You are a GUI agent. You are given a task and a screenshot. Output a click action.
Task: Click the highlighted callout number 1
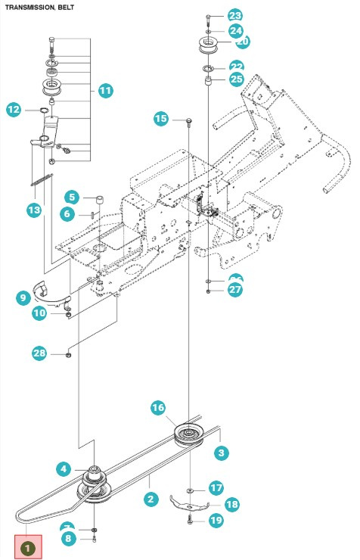[28, 544]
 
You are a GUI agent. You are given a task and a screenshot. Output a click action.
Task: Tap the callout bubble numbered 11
[105, 91]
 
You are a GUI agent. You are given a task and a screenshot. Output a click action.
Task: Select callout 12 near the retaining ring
[14, 110]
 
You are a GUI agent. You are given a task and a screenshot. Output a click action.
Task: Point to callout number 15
[161, 119]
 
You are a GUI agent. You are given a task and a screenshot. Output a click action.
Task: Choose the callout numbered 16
[157, 408]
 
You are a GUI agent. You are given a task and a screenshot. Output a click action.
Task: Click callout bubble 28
[39, 353]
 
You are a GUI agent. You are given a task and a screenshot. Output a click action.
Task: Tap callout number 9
[23, 298]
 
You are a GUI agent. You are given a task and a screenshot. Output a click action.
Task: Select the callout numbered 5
[71, 198]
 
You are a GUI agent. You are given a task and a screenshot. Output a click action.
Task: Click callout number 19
[215, 520]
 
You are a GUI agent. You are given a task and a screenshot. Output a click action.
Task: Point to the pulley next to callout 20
[207, 42]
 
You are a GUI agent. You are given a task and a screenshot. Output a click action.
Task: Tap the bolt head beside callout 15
[185, 120]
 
